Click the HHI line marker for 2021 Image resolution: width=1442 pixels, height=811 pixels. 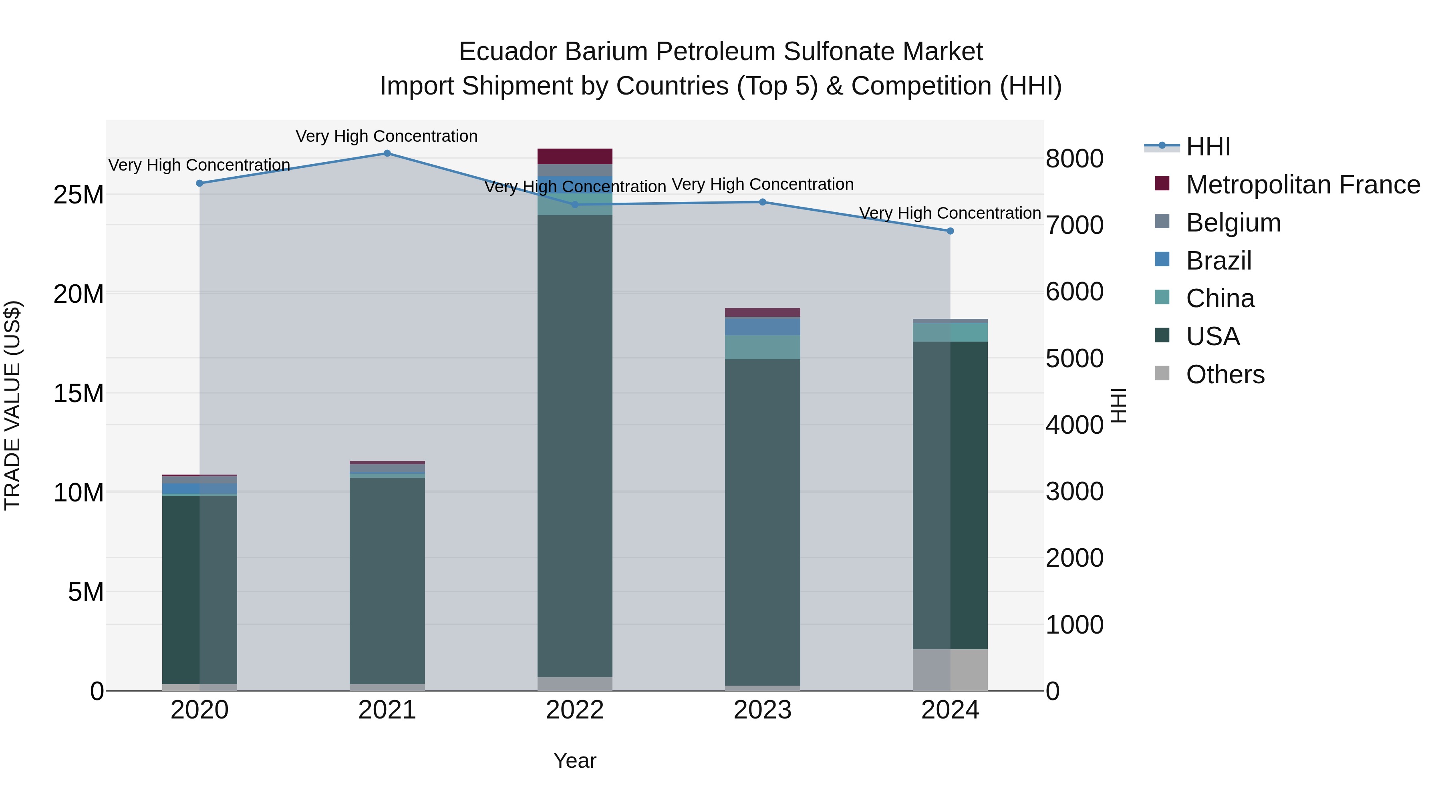[x=387, y=153]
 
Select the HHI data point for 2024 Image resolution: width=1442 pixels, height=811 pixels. [x=950, y=231]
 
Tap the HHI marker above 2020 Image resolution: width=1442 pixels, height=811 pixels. [x=199, y=183]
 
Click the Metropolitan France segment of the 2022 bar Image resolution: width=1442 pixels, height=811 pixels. [x=575, y=156]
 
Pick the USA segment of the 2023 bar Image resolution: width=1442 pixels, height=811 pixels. [x=762, y=521]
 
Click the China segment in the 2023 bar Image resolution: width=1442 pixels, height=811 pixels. [x=762, y=347]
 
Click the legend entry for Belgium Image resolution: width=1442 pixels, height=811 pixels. [x=1233, y=223]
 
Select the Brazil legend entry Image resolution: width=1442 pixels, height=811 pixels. [x=1218, y=261]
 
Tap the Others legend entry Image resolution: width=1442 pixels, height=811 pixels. [x=1225, y=374]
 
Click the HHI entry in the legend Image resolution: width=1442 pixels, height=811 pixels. [x=1208, y=147]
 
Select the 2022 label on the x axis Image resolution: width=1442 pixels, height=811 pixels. [x=575, y=711]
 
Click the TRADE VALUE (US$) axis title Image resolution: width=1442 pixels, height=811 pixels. [x=12, y=405]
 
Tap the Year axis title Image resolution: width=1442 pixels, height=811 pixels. [x=575, y=761]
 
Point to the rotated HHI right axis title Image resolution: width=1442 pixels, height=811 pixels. [x=1118, y=405]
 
